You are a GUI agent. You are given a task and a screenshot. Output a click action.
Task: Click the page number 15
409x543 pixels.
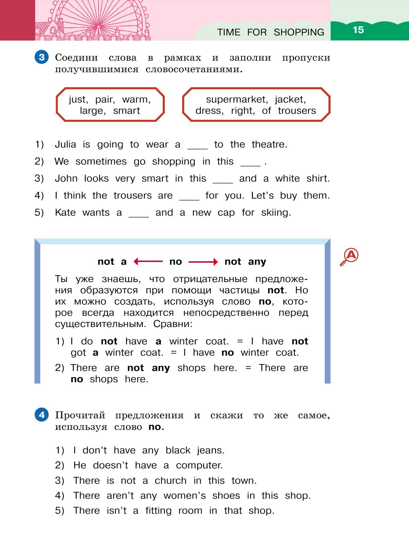(x=358, y=30)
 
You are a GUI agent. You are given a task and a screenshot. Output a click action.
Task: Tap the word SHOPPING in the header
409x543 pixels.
(x=299, y=32)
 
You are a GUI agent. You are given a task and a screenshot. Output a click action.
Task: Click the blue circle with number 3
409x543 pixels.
(x=42, y=57)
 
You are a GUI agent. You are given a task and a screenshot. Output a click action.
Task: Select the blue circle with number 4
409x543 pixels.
(x=42, y=415)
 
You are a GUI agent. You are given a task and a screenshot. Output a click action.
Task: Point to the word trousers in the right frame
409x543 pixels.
(x=297, y=111)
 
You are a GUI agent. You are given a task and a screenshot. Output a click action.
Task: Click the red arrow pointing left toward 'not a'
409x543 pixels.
(x=148, y=262)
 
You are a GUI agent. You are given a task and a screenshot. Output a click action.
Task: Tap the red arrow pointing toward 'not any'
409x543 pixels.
(x=203, y=262)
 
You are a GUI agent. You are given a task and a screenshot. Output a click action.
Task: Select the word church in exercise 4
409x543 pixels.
(x=171, y=481)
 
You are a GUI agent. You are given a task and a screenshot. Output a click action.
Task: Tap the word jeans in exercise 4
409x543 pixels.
(x=210, y=451)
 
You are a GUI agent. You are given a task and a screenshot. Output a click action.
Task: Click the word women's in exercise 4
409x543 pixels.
(x=185, y=496)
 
